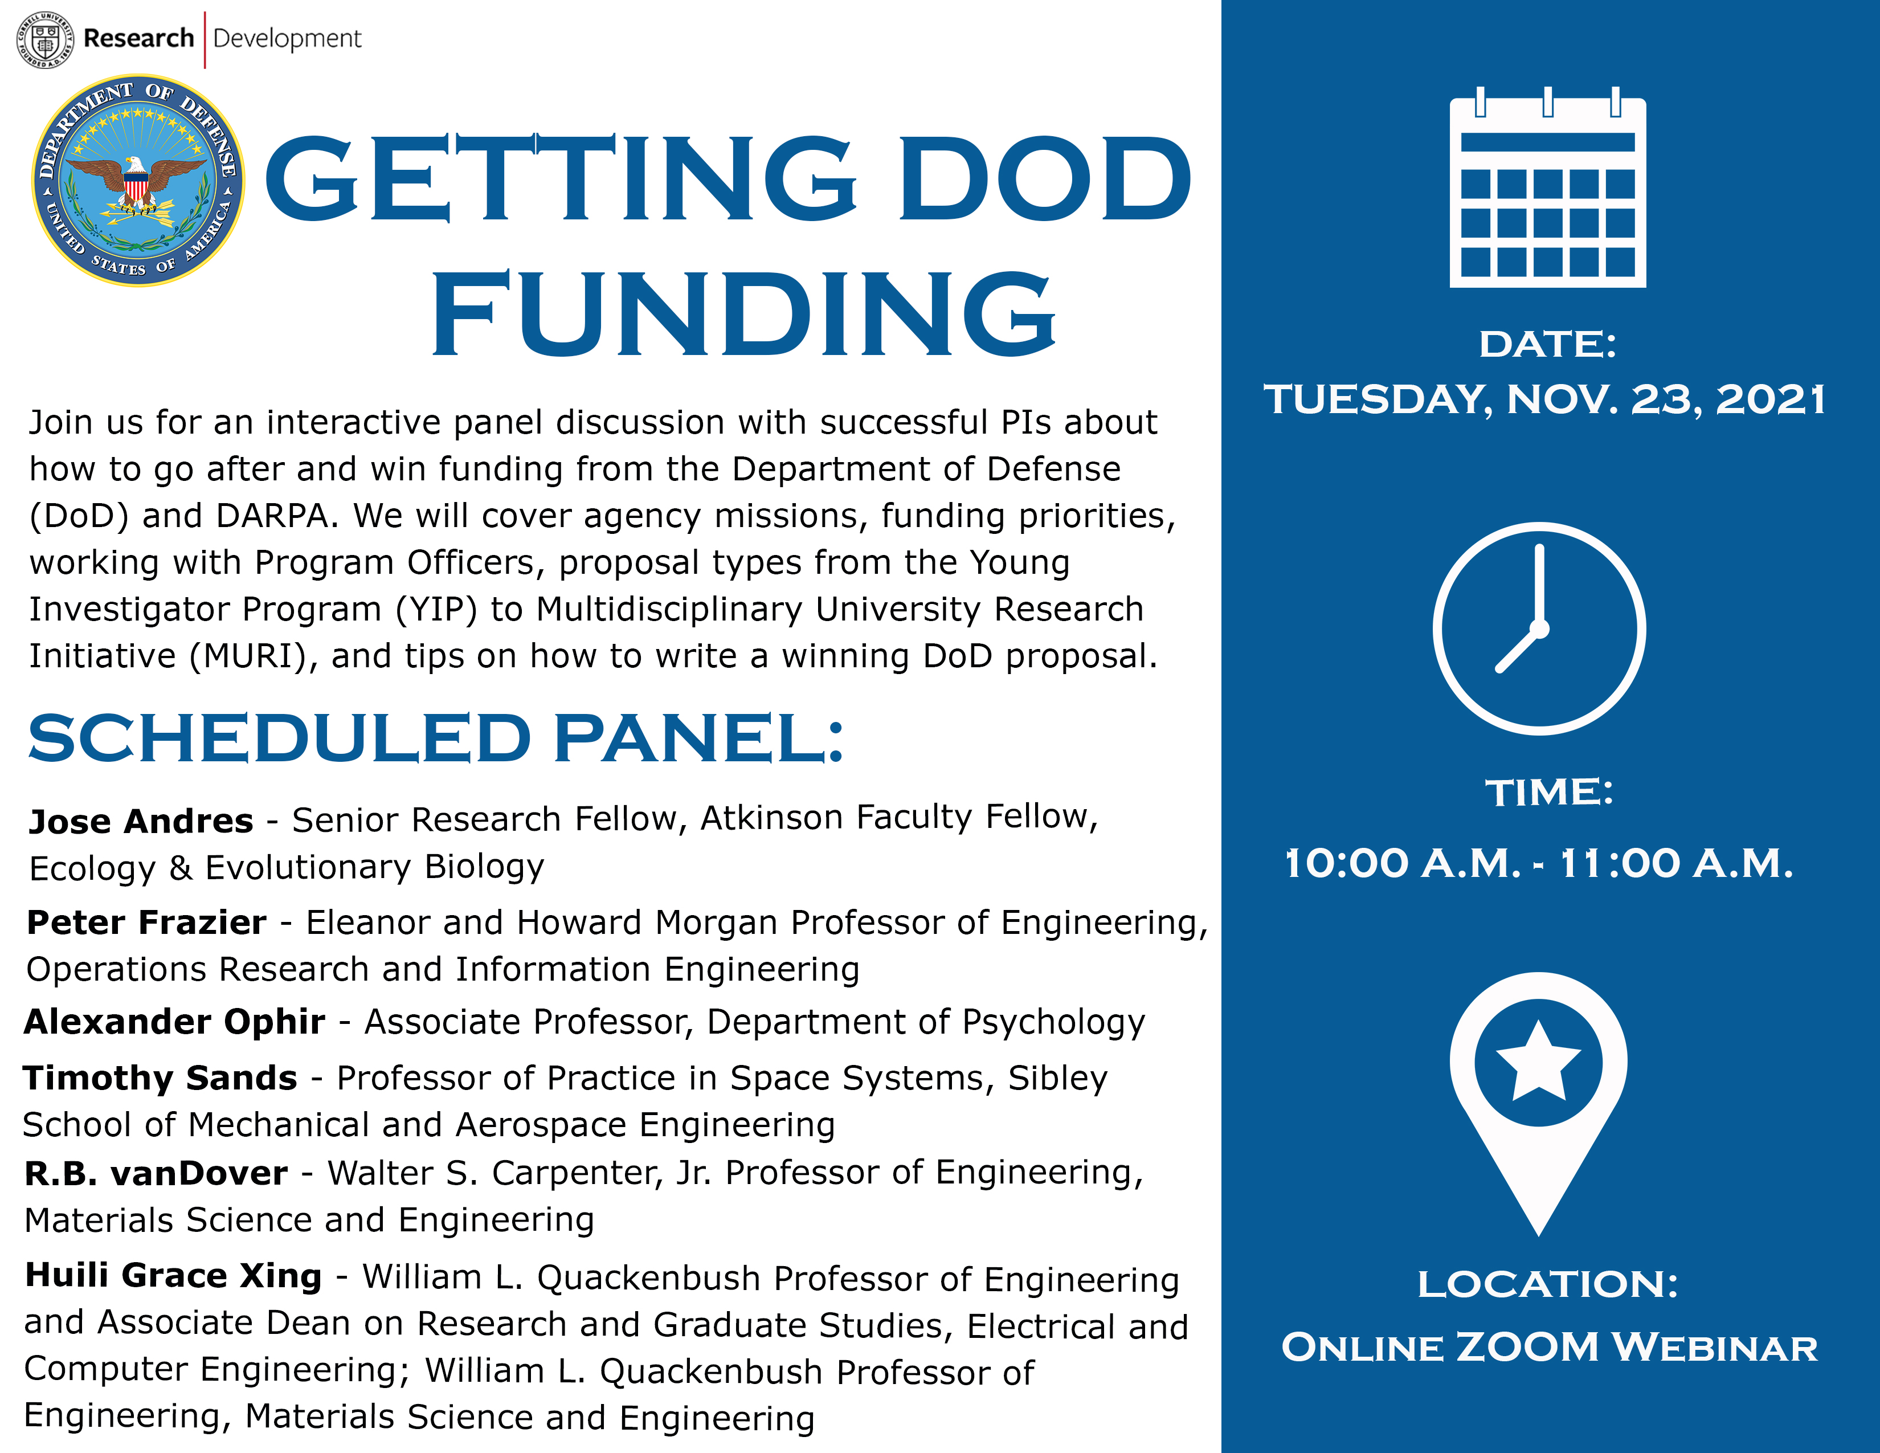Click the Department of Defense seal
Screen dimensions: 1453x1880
[138, 180]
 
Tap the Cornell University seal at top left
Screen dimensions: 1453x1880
[46, 39]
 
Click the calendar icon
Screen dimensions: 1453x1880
[1547, 189]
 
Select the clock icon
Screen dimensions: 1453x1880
[1539, 628]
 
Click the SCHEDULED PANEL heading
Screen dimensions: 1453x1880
[436, 738]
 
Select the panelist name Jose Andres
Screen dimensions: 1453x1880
[141, 821]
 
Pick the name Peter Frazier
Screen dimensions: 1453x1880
[146, 923]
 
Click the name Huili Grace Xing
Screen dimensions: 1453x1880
[173, 1276]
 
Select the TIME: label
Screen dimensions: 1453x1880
[1548, 793]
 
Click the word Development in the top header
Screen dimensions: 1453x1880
[287, 39]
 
